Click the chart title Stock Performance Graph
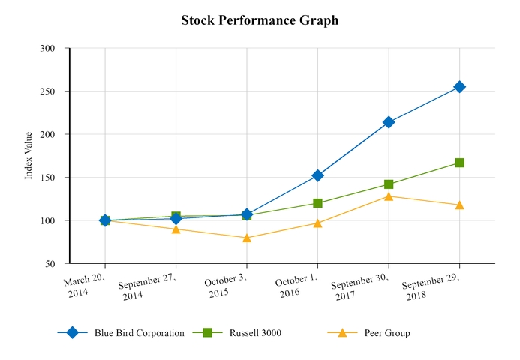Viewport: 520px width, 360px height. coord(260,20)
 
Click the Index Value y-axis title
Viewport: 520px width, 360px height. coord(29,155)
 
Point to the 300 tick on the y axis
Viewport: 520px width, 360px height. coord(48,49)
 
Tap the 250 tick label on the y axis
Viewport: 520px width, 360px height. coord(48,91)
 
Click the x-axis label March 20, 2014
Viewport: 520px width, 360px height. coord(84,285)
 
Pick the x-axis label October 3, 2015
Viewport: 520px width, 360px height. coord(225,286)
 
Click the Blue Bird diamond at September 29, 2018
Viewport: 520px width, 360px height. coord(459,87)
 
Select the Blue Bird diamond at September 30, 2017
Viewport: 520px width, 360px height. coord(389,122)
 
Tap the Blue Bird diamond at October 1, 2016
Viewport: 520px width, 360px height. coord(317,175)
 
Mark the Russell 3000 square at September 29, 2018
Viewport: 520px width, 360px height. coord(459,163)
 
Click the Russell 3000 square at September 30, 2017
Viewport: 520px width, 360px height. coord(389,184)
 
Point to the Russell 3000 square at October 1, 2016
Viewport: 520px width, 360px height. coord(317,203)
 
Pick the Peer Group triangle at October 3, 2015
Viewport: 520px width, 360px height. coord(247,238)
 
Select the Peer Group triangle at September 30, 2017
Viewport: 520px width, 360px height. coord(389,196)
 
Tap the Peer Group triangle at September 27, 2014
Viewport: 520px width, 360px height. coord(176,229)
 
